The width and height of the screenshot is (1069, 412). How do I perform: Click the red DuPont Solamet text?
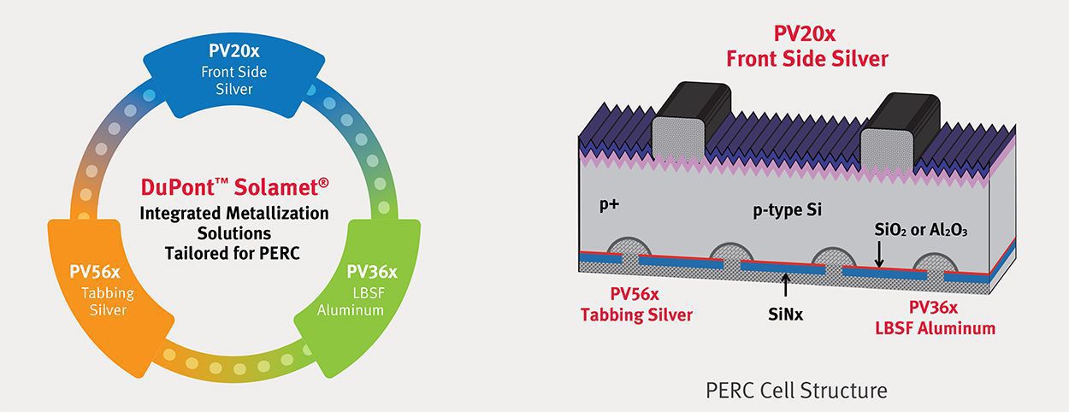click(235, 186)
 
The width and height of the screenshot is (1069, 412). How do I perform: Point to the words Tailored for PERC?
click(235, 252)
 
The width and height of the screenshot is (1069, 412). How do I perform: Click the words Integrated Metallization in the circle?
click(235, 211)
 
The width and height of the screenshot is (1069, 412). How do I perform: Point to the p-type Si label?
click(788, 209)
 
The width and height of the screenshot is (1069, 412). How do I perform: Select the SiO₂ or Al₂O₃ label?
click(919, 230)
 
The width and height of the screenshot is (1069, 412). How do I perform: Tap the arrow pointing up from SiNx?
click(783, 286)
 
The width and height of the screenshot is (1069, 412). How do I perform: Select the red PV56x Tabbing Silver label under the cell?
click(636, 304)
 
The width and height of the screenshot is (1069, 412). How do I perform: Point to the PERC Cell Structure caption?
click(797, 391)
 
